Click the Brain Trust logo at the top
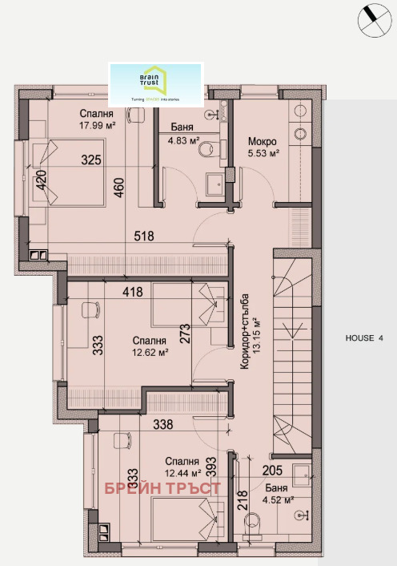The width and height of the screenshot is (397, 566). tap(156, 83)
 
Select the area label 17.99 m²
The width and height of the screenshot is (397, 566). tap(98, 125)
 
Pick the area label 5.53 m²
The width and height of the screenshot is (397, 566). tap(263, 152)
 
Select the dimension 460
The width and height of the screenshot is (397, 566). tap(119, 190)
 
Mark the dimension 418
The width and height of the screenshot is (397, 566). tap(133, 292)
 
